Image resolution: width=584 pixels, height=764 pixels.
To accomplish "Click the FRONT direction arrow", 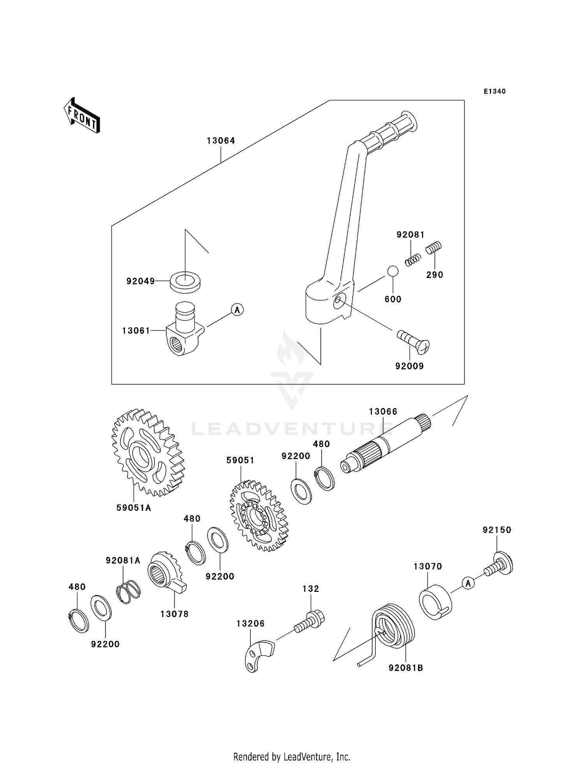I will tap(82, 116).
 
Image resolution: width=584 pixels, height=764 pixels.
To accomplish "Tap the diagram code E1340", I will tap(494, 92).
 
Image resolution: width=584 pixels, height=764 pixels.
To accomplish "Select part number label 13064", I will tap(221, 141).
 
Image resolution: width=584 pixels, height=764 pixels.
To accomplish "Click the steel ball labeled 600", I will tap(392, 271).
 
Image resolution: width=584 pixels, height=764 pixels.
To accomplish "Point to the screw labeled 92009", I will tap(413, 342).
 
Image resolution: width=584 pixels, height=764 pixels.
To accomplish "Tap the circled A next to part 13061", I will tap(237, 310).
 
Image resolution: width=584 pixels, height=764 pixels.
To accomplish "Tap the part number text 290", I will tap(434, 275).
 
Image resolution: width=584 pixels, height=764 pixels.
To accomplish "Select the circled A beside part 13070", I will tap(468, 583).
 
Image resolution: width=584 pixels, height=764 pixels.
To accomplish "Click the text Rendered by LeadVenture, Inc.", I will tap(292, 757).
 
